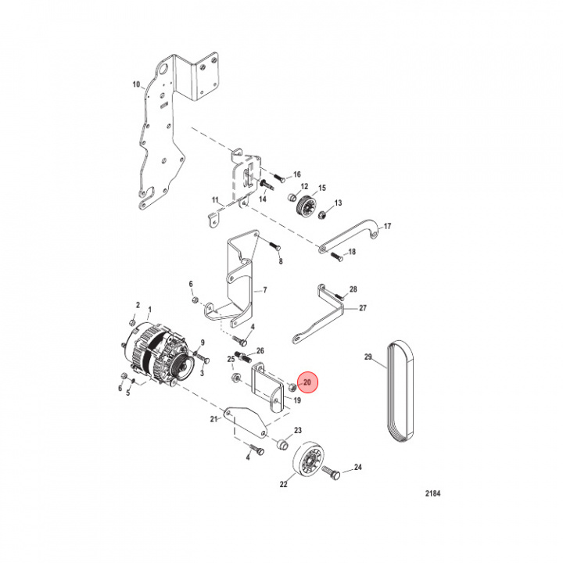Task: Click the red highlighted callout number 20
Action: pyautogui.click(x=307, y=382)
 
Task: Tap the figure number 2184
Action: pyautogui.click(x=432, y=493)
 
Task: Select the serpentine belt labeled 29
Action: pyautogui.click(x=400, y=391)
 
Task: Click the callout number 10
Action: pyautogui.click(x=136, y=84)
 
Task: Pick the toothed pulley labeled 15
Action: pyautogui.click(x=306, y=206)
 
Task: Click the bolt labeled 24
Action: pyautogui.click(x=331, y=472)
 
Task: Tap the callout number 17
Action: pyautogui.click(x=387, y=226)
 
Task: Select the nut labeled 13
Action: pyautogui.click(x=322, y=215)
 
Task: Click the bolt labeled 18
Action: pyautogui.click(x=336, y=256)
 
